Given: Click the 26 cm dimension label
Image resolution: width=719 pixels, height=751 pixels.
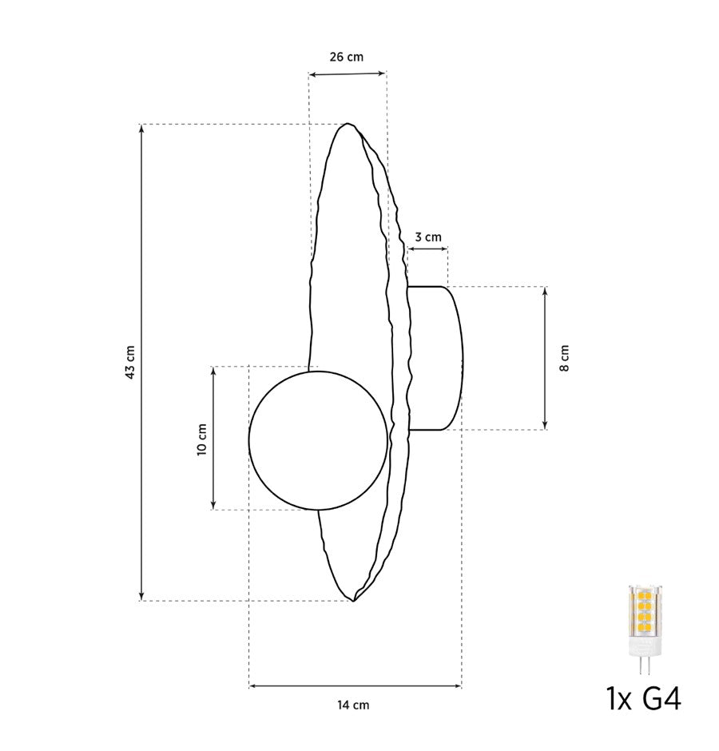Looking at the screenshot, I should click(346, 57).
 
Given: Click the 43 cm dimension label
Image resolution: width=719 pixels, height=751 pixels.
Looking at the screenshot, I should click(130, 362).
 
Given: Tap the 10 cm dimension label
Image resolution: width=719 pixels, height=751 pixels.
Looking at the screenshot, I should click(201, 439).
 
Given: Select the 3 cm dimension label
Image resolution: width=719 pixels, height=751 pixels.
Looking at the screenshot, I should click(427, 237).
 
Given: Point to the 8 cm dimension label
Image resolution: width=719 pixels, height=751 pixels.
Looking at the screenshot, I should click(565, 359).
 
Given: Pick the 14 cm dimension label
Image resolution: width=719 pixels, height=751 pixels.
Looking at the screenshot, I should click(353, 705).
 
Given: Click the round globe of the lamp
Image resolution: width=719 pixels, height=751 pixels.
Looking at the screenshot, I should click(319, 439).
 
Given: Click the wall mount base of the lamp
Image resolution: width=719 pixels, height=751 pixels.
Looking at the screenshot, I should click(435, 358).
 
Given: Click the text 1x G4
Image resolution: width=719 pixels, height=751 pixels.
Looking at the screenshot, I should click(644, 699).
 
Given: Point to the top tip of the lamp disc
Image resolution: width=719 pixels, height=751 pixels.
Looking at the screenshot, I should click(348, 125).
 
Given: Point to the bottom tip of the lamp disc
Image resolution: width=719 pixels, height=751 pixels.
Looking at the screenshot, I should click(354, 600).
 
